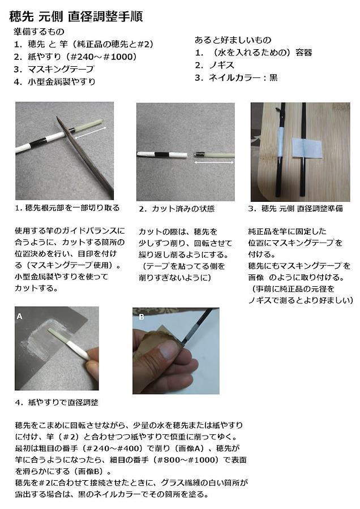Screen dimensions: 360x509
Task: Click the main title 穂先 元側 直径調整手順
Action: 76,16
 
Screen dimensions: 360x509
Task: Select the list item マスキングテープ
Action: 61,69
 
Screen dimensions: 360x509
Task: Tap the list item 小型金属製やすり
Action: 61,81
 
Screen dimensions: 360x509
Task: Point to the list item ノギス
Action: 221,65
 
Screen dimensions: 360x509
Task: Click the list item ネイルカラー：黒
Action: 243,77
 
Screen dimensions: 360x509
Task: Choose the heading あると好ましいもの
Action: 233,40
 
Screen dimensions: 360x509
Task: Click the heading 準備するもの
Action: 39,32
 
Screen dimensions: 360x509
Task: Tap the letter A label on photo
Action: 19,316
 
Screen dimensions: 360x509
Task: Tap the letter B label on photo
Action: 142,317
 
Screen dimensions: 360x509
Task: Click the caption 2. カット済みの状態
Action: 177,208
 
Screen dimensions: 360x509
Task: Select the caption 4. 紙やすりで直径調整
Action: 57,403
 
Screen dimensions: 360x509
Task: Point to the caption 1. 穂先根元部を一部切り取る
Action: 67,208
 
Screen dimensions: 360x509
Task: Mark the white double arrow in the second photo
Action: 214,162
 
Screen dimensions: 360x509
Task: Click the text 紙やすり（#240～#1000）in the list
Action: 82,57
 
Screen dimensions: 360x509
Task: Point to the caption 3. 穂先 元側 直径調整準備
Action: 295,208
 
